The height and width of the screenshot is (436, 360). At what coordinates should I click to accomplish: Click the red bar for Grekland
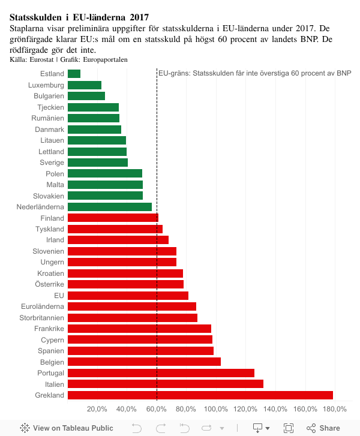click(200, 395)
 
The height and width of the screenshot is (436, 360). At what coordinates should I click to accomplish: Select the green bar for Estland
click(74, 74)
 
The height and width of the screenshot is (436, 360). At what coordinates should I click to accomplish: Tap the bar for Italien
click(165, 384)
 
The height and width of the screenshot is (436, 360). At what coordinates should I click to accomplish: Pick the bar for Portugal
click(161, 373)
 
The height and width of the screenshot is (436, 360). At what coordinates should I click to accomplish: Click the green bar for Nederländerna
click(109, 207)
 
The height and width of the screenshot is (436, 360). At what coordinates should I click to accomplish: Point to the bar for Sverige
click(97, 163)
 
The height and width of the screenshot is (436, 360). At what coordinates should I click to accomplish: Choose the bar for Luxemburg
click(84, 85)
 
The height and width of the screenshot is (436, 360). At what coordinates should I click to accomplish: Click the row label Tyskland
click(50, 229)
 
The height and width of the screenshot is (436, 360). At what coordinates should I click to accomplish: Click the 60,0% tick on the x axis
click(157, 409)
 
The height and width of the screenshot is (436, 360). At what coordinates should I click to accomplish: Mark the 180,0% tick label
click(335, 409)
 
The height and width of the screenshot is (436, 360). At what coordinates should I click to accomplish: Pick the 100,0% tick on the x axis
click(216, 409)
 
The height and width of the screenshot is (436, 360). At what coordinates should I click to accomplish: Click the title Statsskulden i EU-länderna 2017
click(79, 17)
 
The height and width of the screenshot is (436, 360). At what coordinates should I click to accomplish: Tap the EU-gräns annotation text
click(255, 73)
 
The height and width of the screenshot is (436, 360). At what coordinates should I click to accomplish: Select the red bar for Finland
click(113, 218)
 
